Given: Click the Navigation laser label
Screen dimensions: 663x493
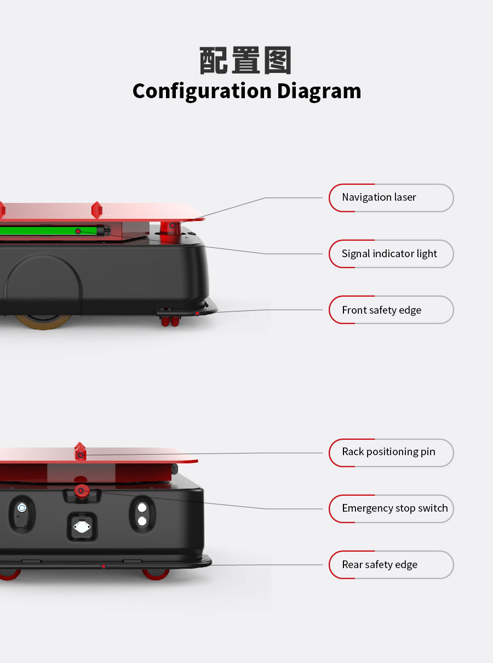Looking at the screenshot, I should (x=391, y=198).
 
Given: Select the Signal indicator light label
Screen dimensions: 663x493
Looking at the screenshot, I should (x=391, y=254).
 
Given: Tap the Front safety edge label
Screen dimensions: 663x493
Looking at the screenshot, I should (x=391, y=310).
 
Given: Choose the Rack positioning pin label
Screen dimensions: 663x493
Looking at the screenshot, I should (x=391, y=452).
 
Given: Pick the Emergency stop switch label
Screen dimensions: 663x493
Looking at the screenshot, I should (x=391, y=508).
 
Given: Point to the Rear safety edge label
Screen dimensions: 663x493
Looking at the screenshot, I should (x=391, y=565).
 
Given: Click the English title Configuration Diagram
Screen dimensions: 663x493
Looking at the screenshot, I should (x=246, y=91).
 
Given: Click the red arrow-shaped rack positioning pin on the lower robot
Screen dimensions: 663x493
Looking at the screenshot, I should (x=81, y=451).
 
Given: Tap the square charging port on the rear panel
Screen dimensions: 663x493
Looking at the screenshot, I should (x=82, y=527).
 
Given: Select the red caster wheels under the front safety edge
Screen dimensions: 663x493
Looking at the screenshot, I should (x=170, y=320).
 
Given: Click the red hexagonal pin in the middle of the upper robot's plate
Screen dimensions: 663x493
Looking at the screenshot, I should (x=97, y=209).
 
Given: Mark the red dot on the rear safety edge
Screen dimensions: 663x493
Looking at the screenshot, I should (x=103, y=566).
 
